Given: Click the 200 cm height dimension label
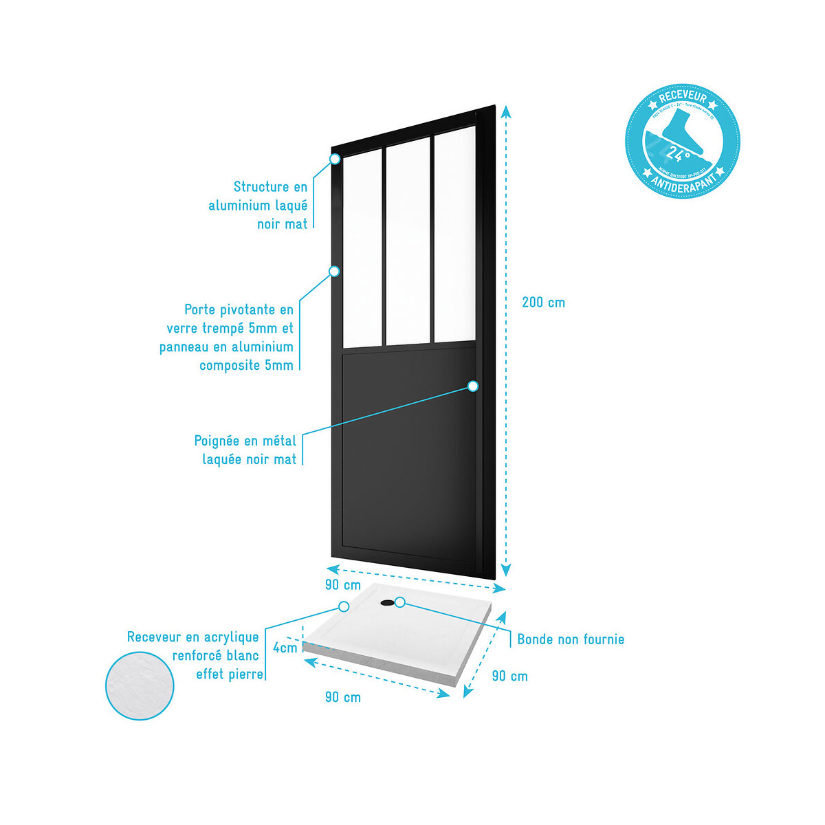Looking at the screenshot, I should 543,302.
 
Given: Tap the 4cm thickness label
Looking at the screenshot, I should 285,648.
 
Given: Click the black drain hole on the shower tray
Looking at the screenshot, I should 388,603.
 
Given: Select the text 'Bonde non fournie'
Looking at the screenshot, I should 571,639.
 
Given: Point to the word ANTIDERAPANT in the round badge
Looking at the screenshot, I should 682,181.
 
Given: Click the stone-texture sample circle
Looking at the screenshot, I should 140,686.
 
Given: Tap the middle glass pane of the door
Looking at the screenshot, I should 408,244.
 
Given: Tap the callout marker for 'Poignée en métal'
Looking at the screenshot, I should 473,386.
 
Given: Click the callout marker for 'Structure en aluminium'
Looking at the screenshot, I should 335,159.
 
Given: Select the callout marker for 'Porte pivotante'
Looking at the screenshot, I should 334,271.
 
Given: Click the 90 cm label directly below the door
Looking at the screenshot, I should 342,585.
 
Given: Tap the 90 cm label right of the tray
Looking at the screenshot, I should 509,676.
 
